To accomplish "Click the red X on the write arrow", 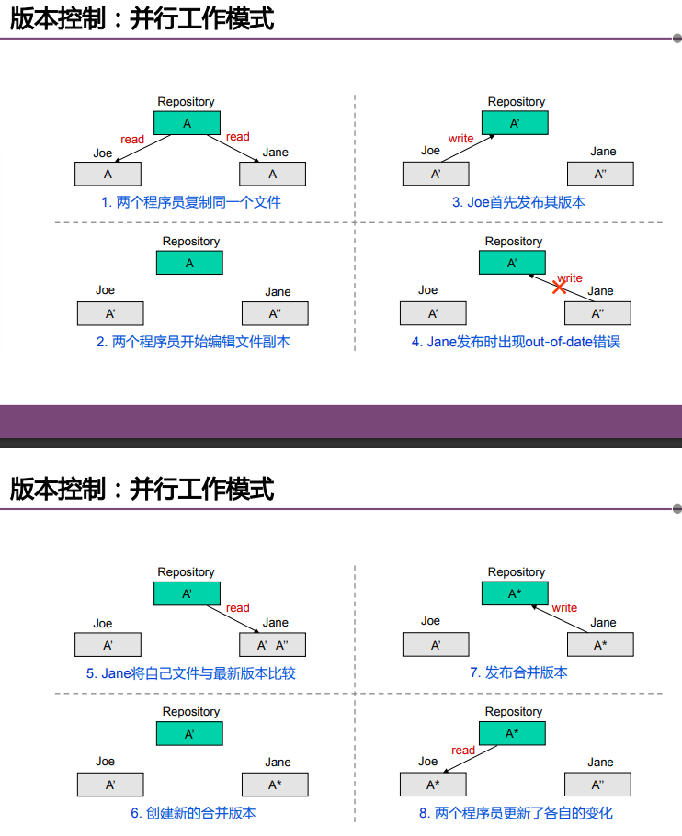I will coord(559,288).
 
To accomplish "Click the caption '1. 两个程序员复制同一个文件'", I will coord(191,201).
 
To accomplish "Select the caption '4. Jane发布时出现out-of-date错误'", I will coord(516,342).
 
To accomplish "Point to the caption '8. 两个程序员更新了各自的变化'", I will coord(516,812).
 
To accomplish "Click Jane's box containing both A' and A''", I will coord(273,645).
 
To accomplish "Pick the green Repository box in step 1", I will coord(187,123).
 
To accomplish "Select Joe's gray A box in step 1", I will coord(108,174).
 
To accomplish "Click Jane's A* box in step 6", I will coord(275,785).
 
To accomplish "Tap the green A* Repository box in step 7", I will coord(515,593).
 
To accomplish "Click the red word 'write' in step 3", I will coord(460,139).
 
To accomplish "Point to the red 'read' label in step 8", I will coord(463,751).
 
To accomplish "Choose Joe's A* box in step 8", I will coord(433,785).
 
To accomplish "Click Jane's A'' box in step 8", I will coord(597,785).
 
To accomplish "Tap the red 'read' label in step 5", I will coord(237,607).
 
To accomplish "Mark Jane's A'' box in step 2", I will coord(275,313).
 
